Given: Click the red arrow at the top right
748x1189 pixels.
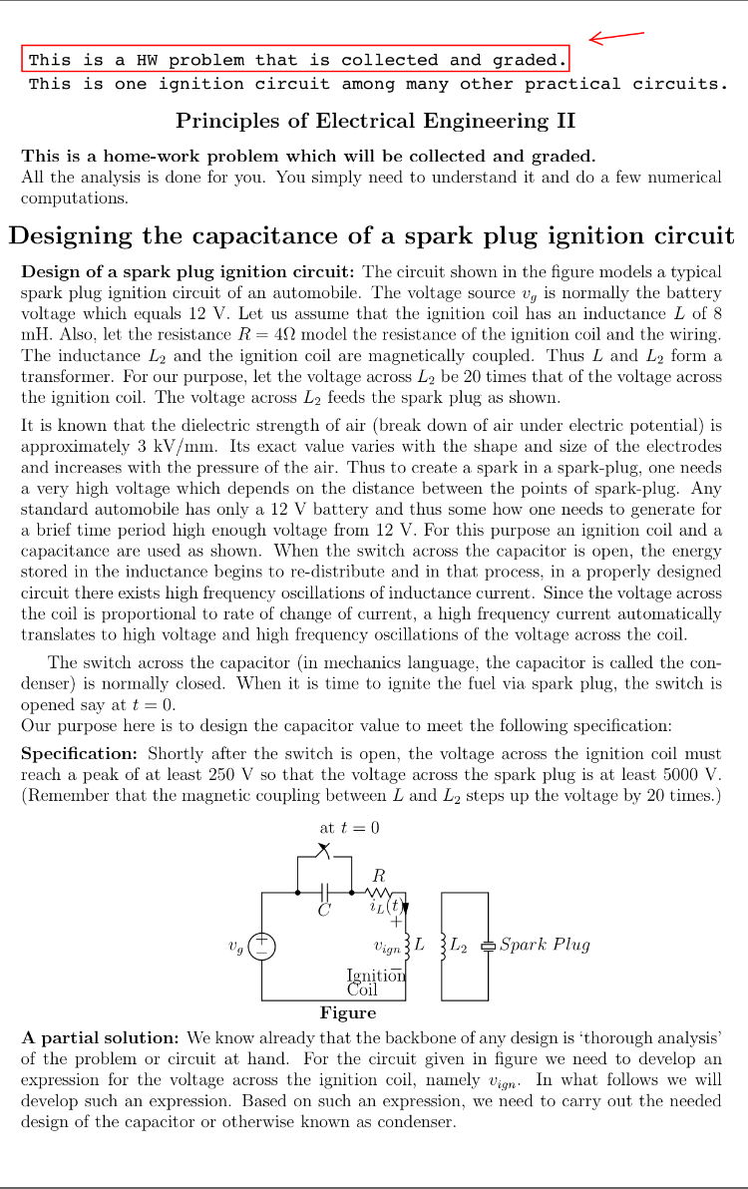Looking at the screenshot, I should click(615, 37).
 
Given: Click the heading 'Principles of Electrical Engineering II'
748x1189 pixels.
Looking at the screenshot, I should click(375, 121).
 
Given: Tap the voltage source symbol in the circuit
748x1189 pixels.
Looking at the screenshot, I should click(261, 946).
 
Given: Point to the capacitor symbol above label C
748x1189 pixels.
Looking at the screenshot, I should click(324, 892).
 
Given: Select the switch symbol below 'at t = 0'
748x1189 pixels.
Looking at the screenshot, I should click(324, 851).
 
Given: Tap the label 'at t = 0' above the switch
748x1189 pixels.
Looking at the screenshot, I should click(349, 827).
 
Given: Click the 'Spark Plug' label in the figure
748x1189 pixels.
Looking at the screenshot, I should click(545, 944).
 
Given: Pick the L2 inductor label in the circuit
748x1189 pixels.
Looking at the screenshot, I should click(458, 944).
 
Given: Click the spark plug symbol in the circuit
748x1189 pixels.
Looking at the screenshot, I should click(488, 946).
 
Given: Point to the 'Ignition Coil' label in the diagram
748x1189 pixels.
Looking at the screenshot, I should click(375, 983).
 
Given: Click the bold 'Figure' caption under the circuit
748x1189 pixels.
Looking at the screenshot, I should click(348, 1012).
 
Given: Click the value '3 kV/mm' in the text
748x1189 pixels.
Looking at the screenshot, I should click(167, 446).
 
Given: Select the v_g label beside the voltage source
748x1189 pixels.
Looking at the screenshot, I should click(235, 946).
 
